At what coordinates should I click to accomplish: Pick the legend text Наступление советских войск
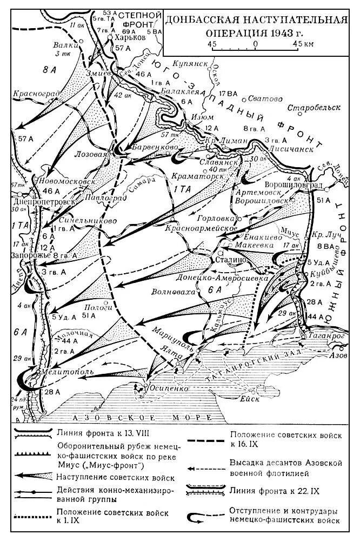click(x=115, y=478)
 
